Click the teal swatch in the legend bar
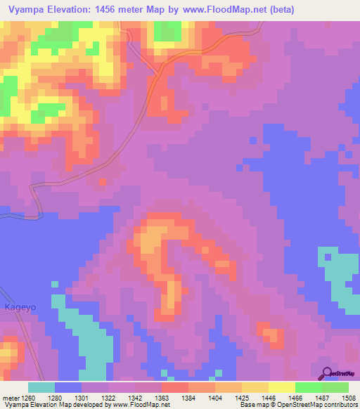(41, 387)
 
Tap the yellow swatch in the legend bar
(281, 387)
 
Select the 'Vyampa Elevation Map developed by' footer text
(53, 405)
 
